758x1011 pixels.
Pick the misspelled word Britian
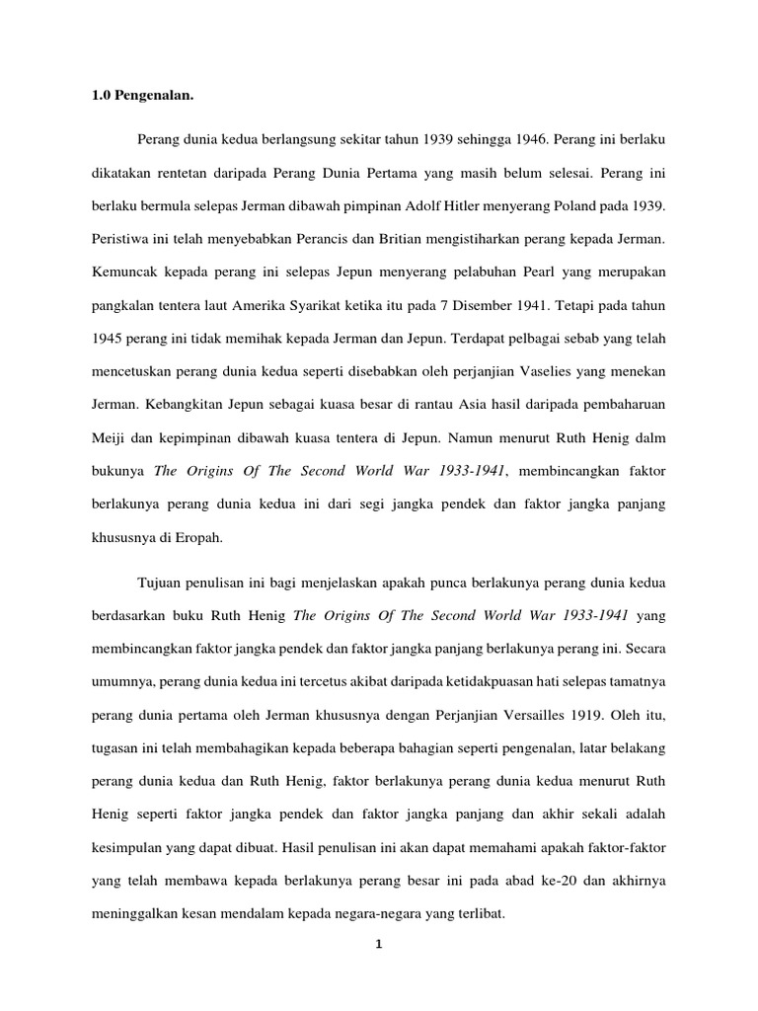417,239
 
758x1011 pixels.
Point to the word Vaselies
553,372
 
